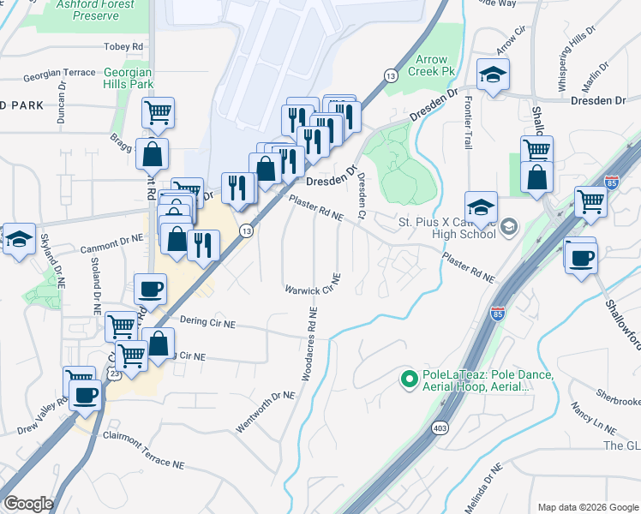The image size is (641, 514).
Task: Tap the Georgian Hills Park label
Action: click(129, 79)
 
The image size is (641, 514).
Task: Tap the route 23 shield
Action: click(115, 374)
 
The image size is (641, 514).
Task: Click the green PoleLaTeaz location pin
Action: click(410, 376)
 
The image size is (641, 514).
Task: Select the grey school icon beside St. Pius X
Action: click(509, 226)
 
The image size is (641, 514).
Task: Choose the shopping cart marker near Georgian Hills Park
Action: click(159, 114)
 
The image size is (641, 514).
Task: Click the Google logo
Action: click(29, 503)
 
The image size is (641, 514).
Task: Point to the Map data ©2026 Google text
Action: click(586, 507)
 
